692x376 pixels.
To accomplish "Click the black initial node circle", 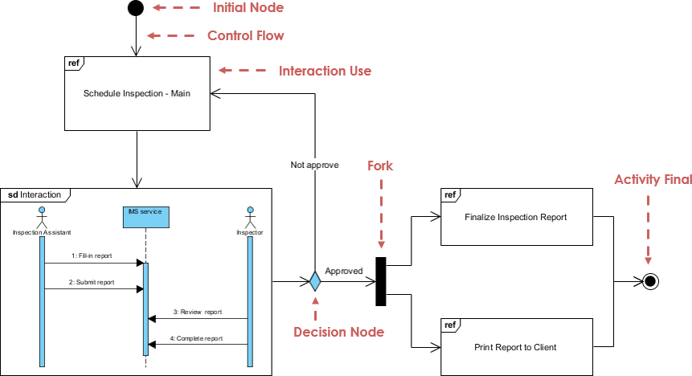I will (135, 8).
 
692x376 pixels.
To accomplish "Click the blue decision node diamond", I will (314, 282).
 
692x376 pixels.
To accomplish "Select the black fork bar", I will (381, 281).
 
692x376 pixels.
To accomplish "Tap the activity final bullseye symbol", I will (650, 281).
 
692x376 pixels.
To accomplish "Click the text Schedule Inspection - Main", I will (136, 93).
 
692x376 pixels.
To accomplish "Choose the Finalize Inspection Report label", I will (515, 217).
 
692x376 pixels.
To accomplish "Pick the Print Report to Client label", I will (515, 347).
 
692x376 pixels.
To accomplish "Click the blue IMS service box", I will (145, 213).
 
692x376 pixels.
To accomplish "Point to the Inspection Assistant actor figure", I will (41, 216).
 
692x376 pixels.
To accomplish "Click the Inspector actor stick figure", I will (250, 216).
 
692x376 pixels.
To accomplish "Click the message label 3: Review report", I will (197, 312).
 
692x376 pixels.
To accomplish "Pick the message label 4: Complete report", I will (197, 338).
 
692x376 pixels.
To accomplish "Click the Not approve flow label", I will (314, 165).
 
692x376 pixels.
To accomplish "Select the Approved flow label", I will (343, 271).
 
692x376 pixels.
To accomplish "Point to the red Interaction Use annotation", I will (325, 71).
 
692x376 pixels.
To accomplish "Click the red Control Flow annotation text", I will (245, 36).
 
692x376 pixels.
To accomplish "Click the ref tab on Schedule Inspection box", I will (74, 62).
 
